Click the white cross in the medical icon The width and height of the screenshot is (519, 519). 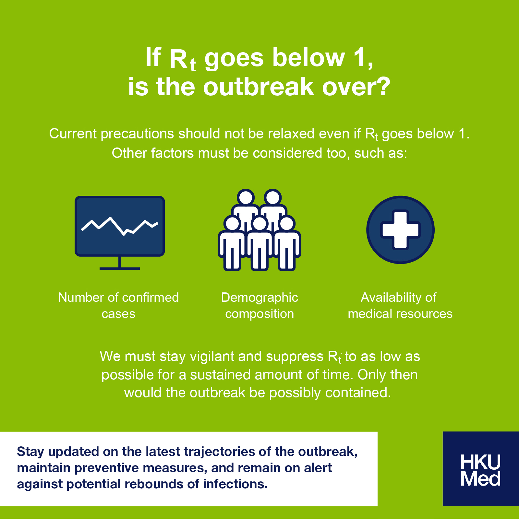click(x=400, y=230)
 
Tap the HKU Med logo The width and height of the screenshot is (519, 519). click(x=481, y=469)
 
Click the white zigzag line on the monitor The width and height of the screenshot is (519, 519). click(x=120, y=226)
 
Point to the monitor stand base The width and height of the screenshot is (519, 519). click(x=120, y=268)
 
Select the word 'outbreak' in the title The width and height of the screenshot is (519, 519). click(x=259, y=87)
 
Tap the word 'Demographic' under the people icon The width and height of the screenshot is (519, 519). click(x=259, y=298)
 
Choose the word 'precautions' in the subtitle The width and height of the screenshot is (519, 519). click(x=138, y=134)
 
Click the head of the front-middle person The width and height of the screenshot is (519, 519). click(x=259, y=223)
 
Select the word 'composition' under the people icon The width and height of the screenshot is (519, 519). click(x=259, y=314)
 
